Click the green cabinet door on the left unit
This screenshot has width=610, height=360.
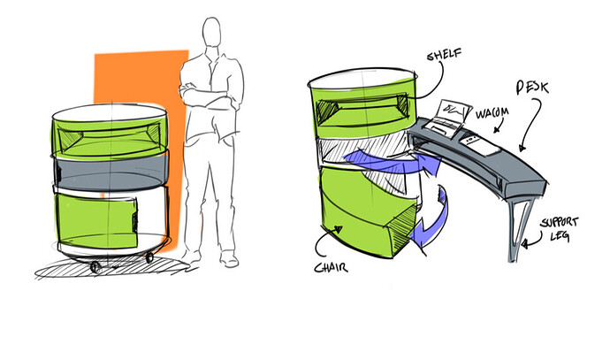(x=97, y=217)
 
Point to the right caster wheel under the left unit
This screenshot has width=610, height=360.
(x=148, y=257)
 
